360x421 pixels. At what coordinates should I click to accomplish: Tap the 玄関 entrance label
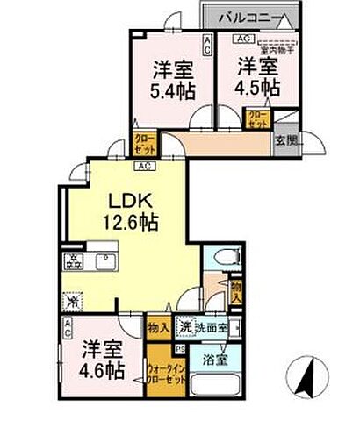pos(286,139)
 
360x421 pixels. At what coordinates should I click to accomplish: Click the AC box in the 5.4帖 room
pos(207,42)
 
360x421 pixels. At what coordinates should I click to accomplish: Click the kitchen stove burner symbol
pos(73,261)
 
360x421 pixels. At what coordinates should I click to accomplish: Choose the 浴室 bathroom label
pos(214,359)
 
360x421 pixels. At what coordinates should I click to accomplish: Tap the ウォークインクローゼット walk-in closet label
pos(159,371)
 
